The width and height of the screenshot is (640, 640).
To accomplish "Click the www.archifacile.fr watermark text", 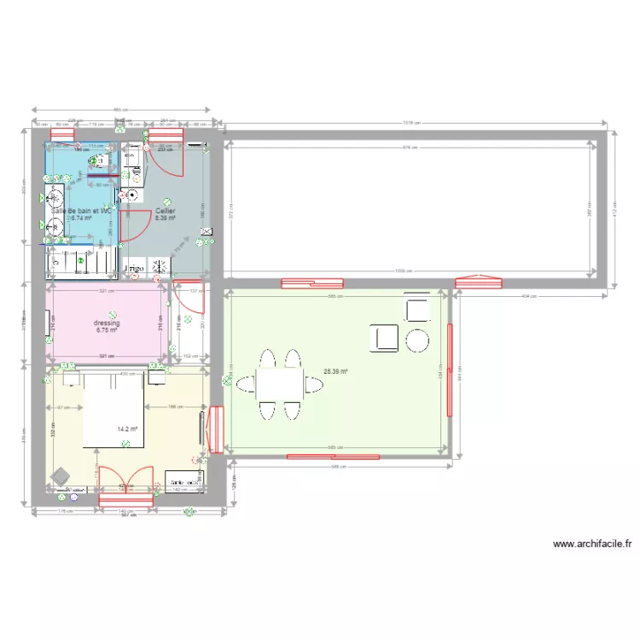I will tap(591, 544).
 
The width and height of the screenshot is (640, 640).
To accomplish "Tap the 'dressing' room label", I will tap(107, 323).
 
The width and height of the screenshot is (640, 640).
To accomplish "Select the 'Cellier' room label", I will tap(165, 210).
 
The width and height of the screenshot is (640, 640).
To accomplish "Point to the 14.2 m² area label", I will tap(128, 429).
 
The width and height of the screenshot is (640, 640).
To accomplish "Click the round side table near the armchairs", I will tap(417, 340).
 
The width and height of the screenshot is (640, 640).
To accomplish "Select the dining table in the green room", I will tap(279, 384).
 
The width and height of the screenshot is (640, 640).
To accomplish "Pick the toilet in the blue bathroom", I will tap(99, 160).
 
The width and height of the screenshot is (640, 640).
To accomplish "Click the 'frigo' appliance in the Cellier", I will tap(135, 269).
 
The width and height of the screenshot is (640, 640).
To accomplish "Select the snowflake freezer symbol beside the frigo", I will tap(158, 268).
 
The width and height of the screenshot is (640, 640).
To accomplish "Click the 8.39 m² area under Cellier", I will tap(165, 218).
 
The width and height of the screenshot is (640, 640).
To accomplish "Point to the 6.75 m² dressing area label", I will tap(107, 331).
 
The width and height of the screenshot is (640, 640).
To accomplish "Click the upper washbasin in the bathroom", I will tap(55, 195).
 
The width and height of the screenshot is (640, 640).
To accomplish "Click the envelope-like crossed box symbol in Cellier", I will tap(206, 230).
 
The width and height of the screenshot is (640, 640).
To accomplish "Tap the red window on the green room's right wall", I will tap(449, 370).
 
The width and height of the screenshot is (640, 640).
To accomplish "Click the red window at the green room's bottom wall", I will tap(333, 457).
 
